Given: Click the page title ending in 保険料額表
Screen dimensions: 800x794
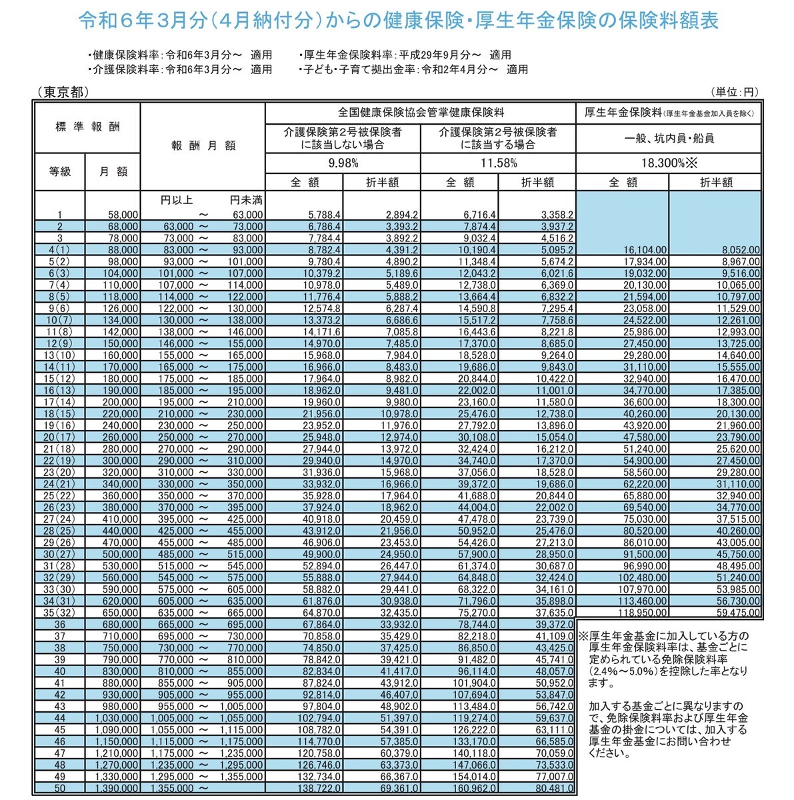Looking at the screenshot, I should pyautogui.click(x=398, y=21).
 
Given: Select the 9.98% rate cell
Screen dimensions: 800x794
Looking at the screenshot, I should pyautogui.click(x=343, y=163).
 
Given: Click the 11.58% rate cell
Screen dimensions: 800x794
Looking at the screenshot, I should pyautogui.click(x=498, y=163).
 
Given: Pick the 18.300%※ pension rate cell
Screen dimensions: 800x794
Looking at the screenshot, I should pyautogui.click(x=669, y=163).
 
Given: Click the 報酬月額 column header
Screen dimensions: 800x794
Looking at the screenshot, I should pyautogui.click(x=203, y=146).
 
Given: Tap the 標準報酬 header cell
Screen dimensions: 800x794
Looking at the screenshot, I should pyautogui.click(x=87, y=127).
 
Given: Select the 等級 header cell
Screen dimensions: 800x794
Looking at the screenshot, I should pyautogui.click(x=59, y=171).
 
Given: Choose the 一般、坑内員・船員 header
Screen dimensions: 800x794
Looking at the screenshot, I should pyautogui.click(x=669, y=139).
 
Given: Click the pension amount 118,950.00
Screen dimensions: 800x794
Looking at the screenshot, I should pyautogui.click(x=640, y=611).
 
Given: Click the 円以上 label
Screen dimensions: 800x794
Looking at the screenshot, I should pyautogui.click(x=177, y=199).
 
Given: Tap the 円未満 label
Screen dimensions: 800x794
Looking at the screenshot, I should pyautogui.click(x=246, y=199).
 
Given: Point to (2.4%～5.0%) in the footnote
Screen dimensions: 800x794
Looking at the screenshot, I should pyautogui.click(x=622, y=671).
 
